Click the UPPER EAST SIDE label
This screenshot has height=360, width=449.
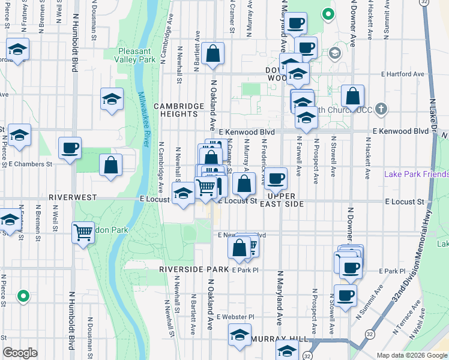point(286,200)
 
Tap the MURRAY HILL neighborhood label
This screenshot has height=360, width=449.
point(274,339)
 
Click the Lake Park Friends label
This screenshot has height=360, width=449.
point(416,175)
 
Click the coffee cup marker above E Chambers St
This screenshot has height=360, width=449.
point(70,148)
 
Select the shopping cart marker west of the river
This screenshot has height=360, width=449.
point(83,232)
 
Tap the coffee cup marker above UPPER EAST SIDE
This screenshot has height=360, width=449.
point(276,178)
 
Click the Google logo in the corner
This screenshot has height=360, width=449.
point(20,353)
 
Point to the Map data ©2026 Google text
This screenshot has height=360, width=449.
point(412,355)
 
